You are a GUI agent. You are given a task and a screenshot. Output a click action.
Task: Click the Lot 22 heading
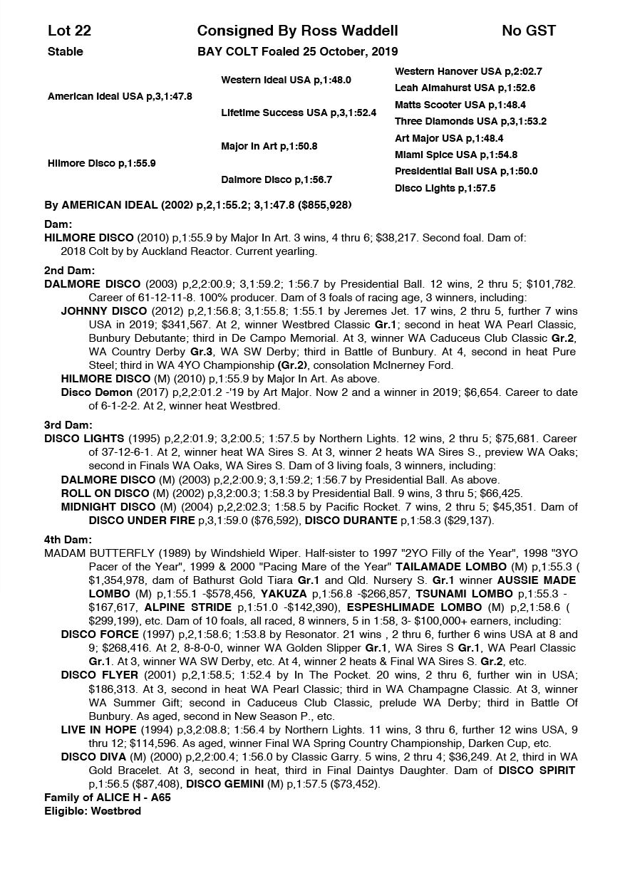69,31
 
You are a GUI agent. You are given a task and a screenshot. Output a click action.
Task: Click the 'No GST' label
528,31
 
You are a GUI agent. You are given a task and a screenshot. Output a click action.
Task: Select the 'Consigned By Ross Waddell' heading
297,31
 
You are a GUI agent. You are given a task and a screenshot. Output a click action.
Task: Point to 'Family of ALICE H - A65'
107,798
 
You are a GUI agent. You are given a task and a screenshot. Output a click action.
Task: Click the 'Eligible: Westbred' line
93,811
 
